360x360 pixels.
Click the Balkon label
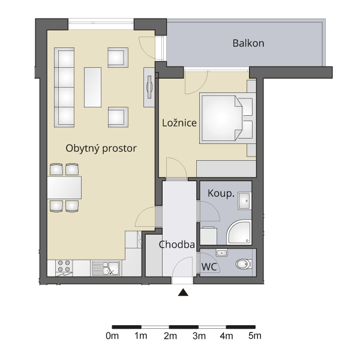point(248,43)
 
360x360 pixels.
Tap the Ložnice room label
point(179,123)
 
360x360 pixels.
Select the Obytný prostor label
point(101,148)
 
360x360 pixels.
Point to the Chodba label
point(177,245)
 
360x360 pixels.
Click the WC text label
point(209,267)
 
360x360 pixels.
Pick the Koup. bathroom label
point(221,194)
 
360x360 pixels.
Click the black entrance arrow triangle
point(183,292)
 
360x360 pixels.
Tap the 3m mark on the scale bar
point(199,336)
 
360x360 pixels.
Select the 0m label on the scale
point(112,336)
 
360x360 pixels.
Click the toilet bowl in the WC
point(244,264)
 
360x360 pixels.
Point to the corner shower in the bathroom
point(239,232)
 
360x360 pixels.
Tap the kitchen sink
point(106,268)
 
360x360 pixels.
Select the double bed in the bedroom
point(227,118)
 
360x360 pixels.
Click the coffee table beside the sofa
point(92,87)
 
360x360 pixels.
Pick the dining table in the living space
point(64,188)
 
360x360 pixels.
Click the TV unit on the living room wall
point(149,87)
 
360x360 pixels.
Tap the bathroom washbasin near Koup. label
point(245,201)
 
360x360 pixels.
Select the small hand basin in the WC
point(221,253)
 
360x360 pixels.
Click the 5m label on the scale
point(255,336)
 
